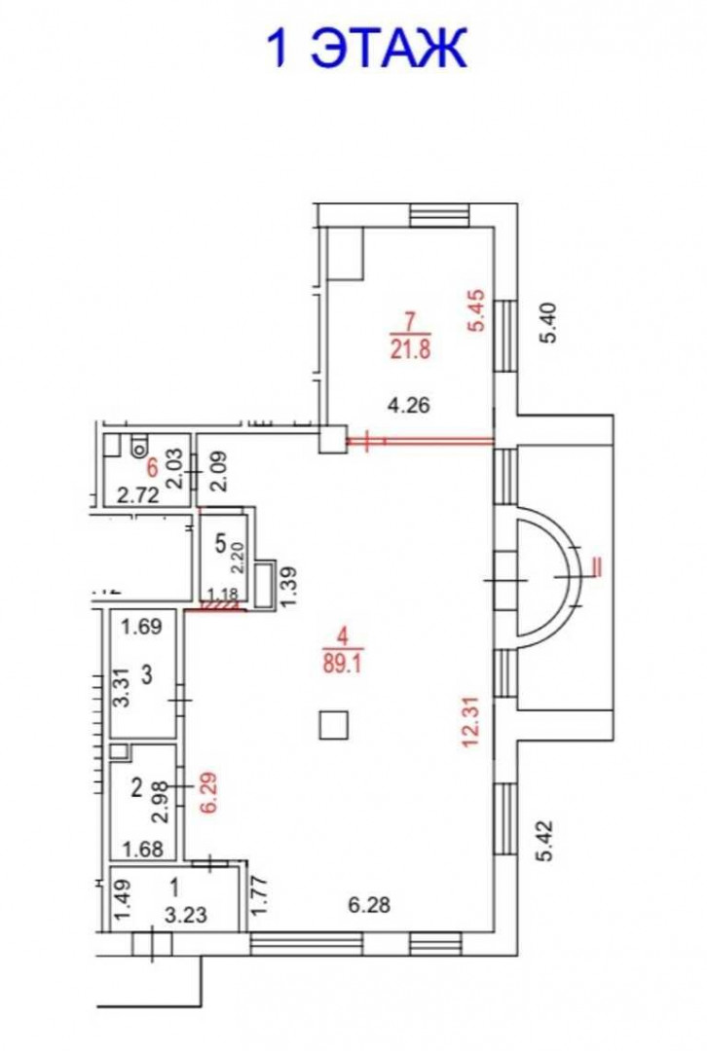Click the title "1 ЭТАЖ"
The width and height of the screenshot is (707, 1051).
tap(366, 48)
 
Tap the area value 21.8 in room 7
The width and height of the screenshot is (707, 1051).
tap(410, 350)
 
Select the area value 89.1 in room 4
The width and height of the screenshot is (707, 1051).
tap(343, 662)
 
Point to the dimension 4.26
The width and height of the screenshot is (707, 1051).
tap(408, 405)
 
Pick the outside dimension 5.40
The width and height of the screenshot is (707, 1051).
tap(548, 323)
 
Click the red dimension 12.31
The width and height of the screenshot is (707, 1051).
tap(470, 722)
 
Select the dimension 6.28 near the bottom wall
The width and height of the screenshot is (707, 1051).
tap(369, 905)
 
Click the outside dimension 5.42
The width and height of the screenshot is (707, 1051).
tap(547, 841)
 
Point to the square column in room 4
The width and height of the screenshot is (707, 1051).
tap(333, 725)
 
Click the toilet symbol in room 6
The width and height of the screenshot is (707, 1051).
tap(138, 445)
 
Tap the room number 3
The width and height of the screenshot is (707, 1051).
tap(147, 674)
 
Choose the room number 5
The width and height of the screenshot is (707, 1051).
tap(221, 544)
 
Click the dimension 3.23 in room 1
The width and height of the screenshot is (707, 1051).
tap(186, 914)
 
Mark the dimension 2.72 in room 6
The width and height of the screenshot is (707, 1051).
tap(138, 495)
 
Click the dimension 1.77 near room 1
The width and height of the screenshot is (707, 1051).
tap(260, 896)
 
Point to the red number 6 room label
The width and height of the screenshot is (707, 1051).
tap(153, 467)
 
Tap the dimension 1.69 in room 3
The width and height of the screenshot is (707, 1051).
tap(141, 627)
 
